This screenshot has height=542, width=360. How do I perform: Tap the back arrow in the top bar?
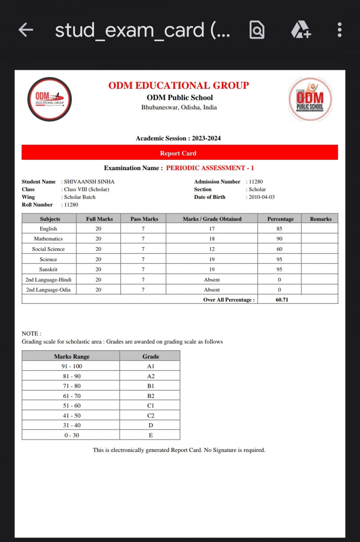tap(26, 30)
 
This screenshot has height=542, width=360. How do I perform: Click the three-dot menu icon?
tap(339, 30)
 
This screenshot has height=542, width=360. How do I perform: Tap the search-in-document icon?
tap(257, 30)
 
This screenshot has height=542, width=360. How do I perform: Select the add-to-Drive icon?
tap(300, 30)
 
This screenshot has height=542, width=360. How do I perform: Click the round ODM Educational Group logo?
tap(49, 99)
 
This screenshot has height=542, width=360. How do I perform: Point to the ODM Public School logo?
tap(310, 99)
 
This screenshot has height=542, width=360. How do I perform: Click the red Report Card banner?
tap(180, 153)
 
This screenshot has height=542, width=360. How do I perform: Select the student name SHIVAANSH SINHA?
tap(89, 181)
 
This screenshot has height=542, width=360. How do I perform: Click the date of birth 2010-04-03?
tap(261, 197)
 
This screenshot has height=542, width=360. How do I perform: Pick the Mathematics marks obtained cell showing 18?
tap(211, 239)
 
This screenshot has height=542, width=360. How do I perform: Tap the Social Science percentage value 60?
tap(279, 249)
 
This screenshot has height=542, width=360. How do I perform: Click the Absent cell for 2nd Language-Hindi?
tap(211, 280)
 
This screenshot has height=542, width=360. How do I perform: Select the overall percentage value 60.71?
tap(282, 299)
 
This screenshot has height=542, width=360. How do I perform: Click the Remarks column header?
tap(320, 219)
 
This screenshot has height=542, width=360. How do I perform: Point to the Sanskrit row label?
tap(49, 269)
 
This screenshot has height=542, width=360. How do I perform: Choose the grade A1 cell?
tap(151, 366)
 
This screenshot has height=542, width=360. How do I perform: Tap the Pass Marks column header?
tap(144, 219)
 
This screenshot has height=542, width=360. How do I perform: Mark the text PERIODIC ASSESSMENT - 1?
tap(210, 168)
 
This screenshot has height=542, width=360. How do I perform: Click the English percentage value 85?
tap(279, 229)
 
